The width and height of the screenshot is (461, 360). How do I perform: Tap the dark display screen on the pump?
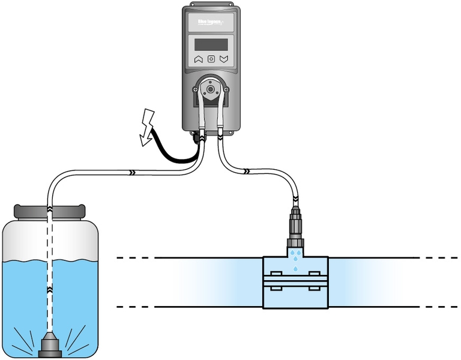pos(211,44)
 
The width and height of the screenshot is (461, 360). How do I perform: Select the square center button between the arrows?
pos(211,59)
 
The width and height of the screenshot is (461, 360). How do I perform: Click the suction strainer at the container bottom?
pos(50,347)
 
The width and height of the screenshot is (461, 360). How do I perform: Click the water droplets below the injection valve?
pos(295,260)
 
